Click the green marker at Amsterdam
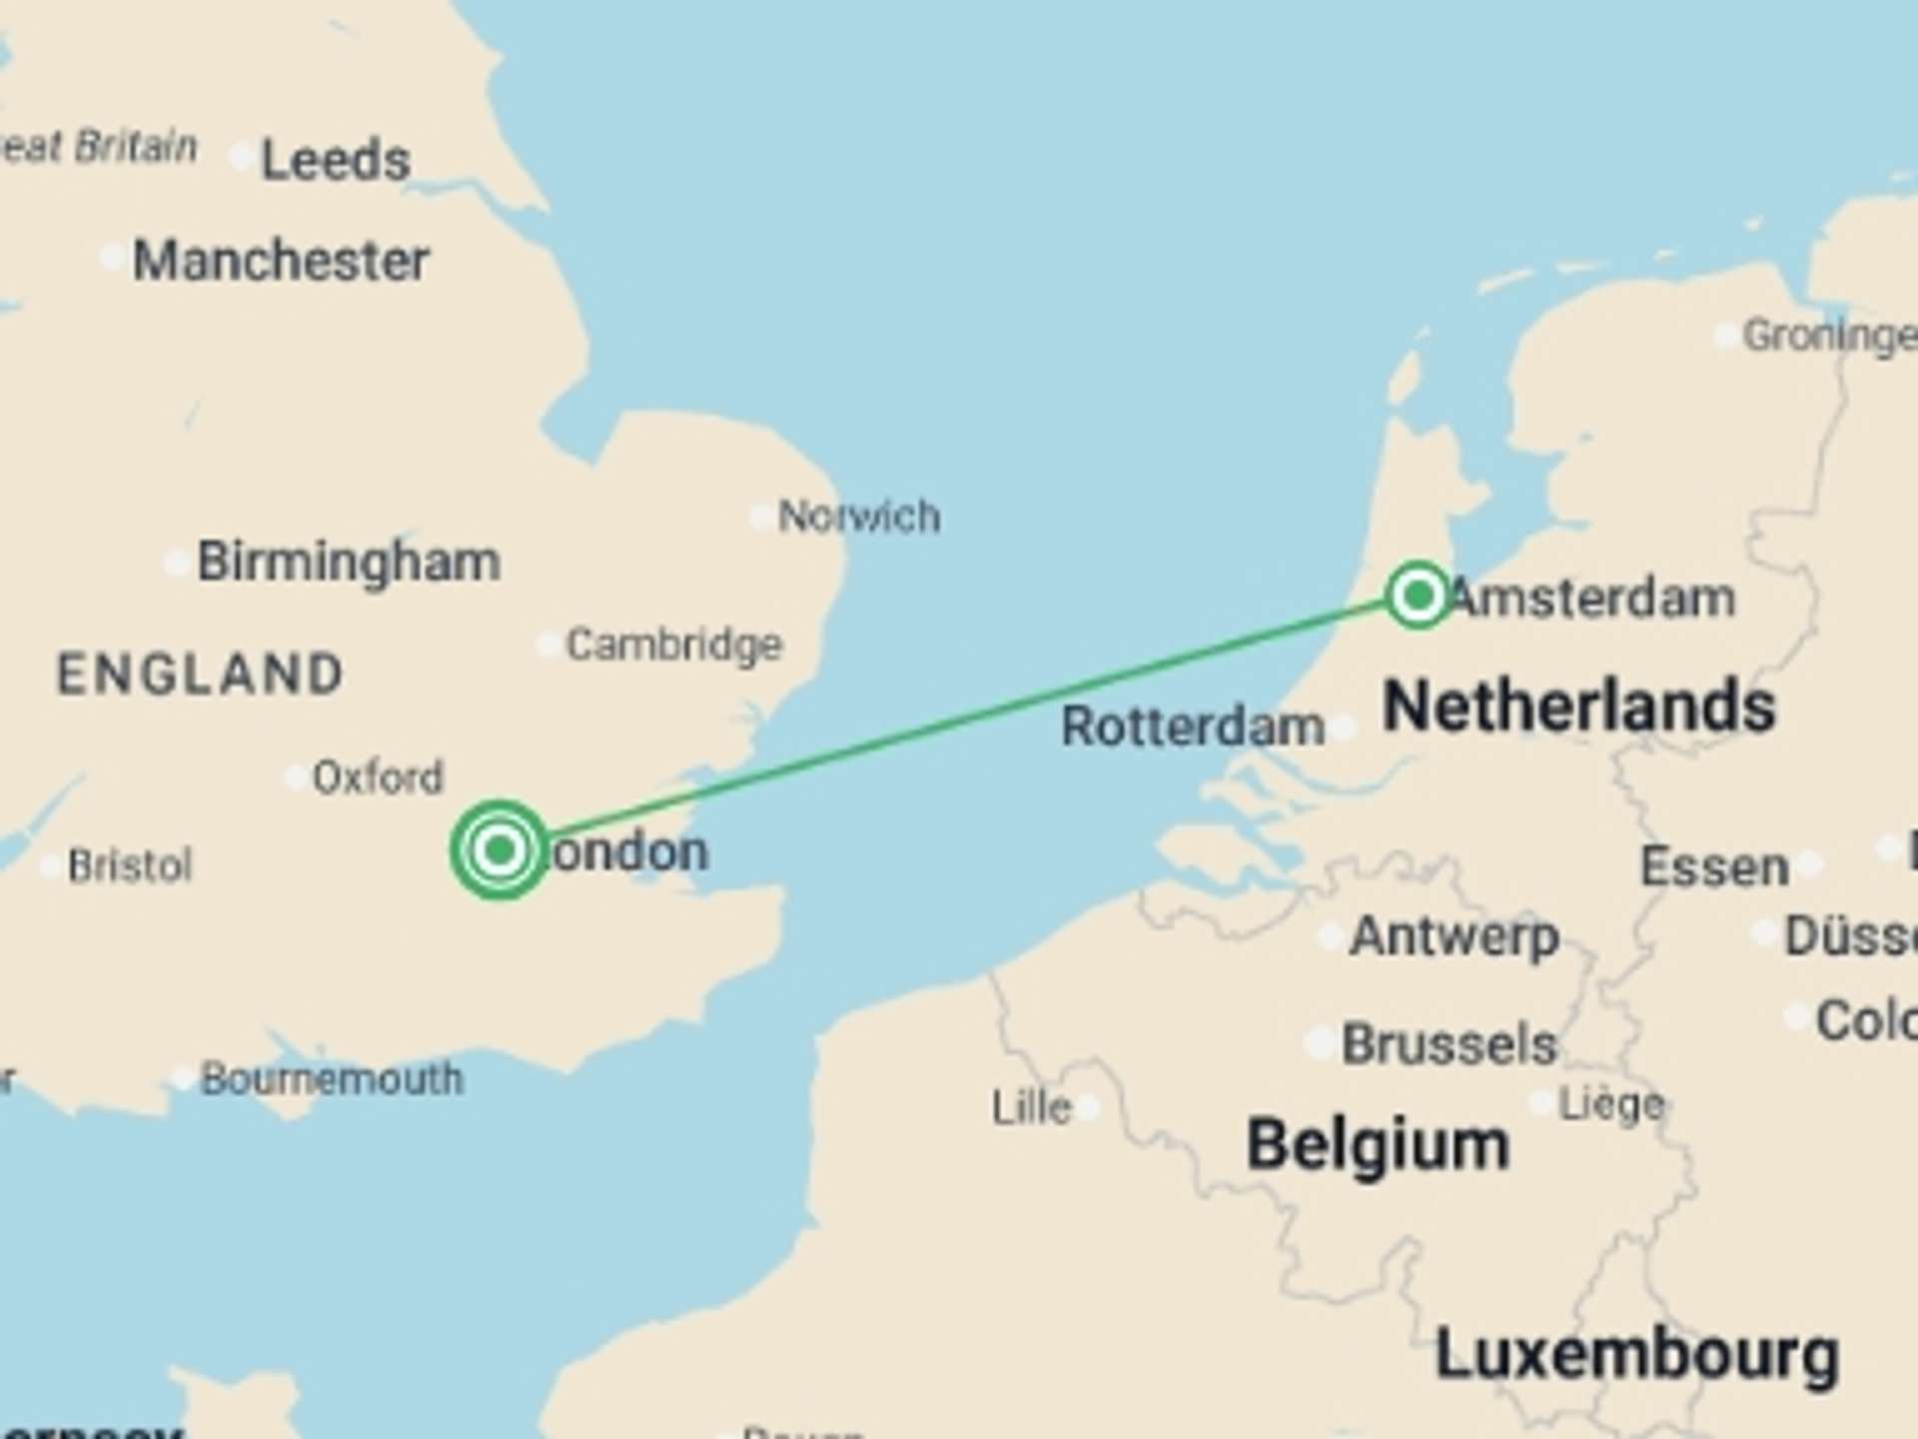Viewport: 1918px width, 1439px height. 1418,596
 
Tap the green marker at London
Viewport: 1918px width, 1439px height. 498,849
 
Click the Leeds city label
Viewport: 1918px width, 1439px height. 335,160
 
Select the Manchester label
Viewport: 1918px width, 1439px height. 281,261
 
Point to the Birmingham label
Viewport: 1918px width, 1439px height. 349,562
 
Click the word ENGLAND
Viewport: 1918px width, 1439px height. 201,674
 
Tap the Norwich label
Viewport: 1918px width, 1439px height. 859,517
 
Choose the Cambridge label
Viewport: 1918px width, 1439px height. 674,645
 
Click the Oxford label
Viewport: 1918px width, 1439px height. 378,777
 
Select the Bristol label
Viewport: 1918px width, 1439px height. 130,865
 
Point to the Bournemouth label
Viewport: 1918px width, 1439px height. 332,1079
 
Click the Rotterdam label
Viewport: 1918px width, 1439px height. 1193,726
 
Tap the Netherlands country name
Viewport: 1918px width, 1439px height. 1579,707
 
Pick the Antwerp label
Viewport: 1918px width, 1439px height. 1454,936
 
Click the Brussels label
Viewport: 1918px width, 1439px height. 1449,1044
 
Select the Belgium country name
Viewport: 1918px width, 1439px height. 1378,1145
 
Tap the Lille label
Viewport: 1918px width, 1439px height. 1031,1107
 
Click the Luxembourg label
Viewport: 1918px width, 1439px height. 1636,1355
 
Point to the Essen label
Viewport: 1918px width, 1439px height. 1714,866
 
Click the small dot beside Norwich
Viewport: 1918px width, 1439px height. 761,517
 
